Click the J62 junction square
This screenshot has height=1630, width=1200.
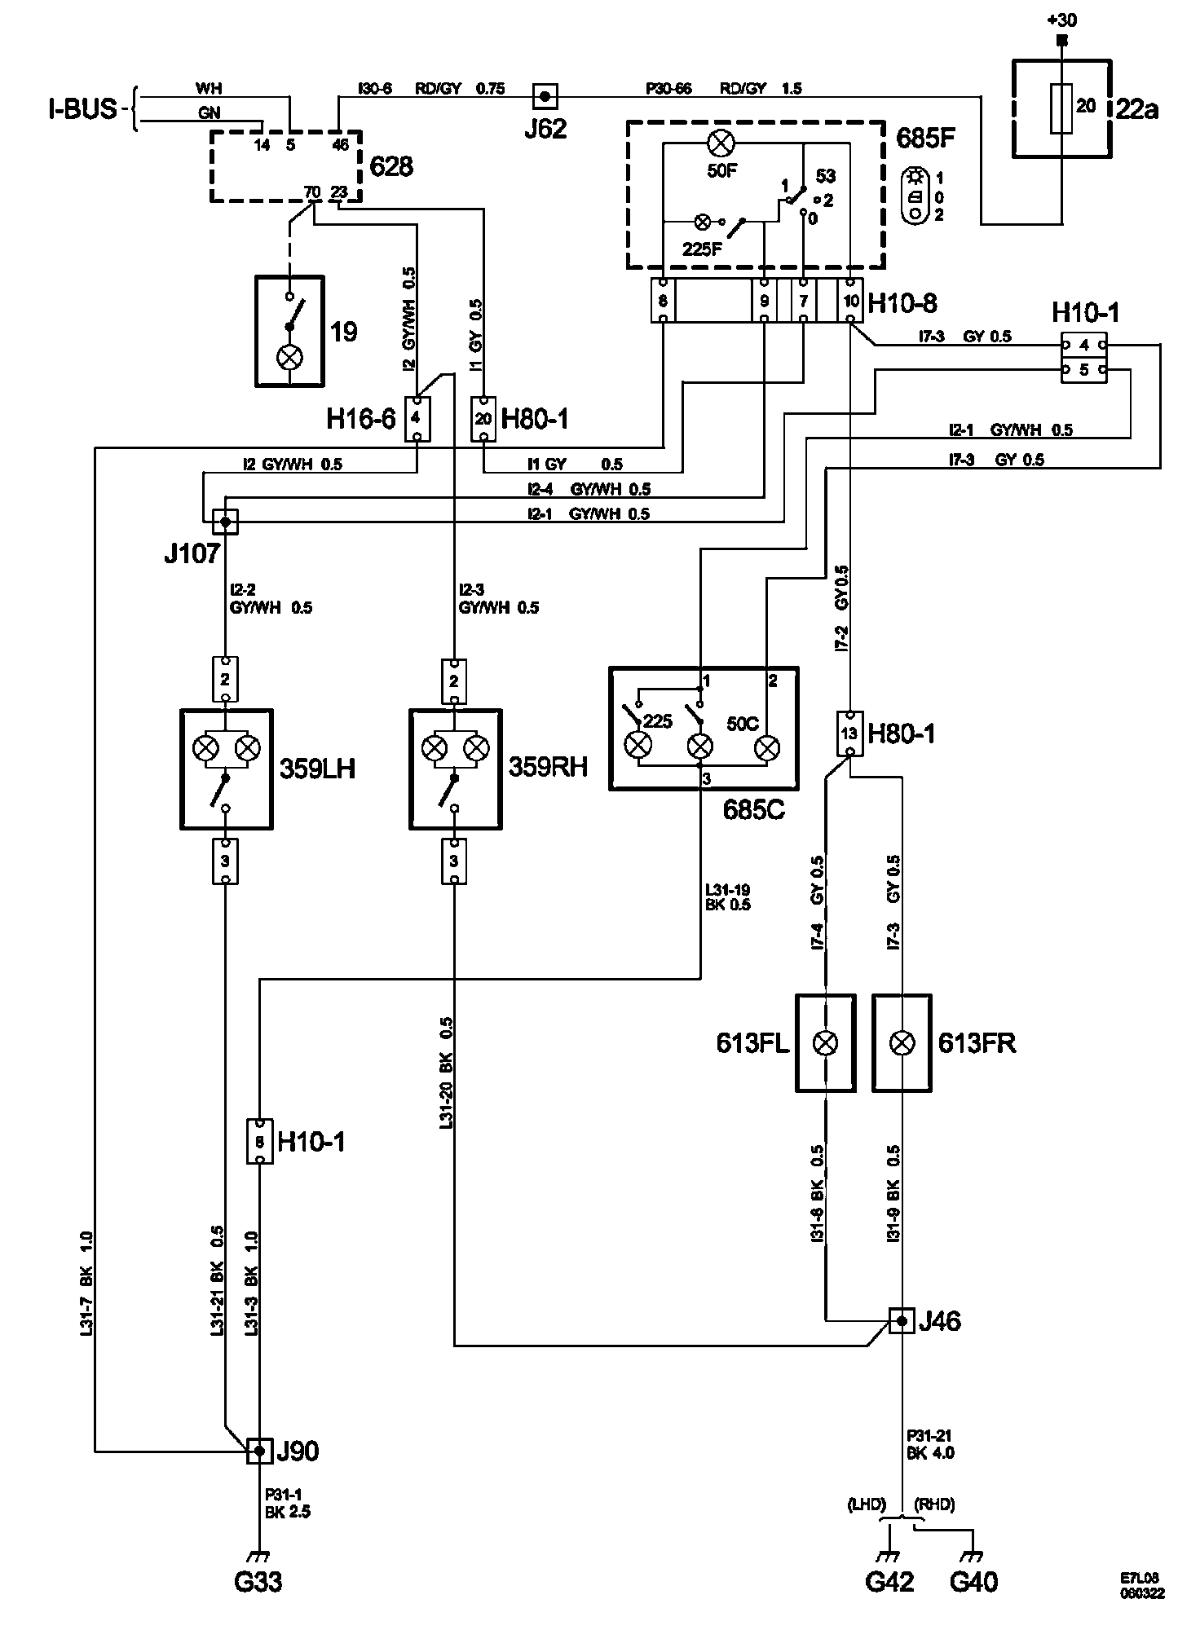tap(545, 96)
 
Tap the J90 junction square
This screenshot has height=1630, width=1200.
tap(259, 1450)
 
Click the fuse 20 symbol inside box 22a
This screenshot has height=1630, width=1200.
tap(1062, 108)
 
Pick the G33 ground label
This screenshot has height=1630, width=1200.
tap(258, 1581)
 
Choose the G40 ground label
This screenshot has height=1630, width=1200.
tap(973, 1581)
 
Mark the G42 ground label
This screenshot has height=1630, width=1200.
tap(889, 1581)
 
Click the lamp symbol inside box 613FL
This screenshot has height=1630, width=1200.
tap(827, 1042)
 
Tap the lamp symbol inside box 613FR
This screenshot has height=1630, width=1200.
tap(902, 1042)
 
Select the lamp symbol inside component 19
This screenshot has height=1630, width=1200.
tap(289, 358)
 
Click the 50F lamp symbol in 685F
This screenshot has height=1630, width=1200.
tap(720, 144)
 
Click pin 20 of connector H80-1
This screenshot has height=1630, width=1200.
tap(483, 418)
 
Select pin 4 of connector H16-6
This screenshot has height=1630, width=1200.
tap(417, 418)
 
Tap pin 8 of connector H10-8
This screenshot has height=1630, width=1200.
tap(664, 301)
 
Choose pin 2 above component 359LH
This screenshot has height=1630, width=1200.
tap(226, 679)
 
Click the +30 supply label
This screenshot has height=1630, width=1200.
tap(1061, 20)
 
